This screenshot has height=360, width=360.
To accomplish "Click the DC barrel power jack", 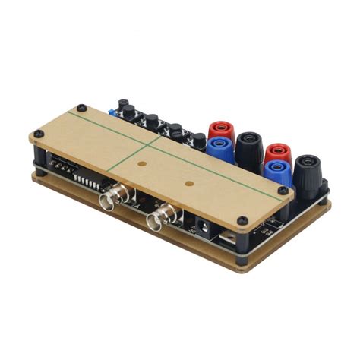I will [204, 226].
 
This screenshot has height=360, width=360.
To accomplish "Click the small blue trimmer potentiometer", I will [112, 113].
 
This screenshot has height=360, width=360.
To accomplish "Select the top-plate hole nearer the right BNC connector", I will [188, 183].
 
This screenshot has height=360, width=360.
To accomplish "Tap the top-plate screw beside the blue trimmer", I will [81, 107].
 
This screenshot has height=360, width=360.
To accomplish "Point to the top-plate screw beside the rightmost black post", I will [283, 190].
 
